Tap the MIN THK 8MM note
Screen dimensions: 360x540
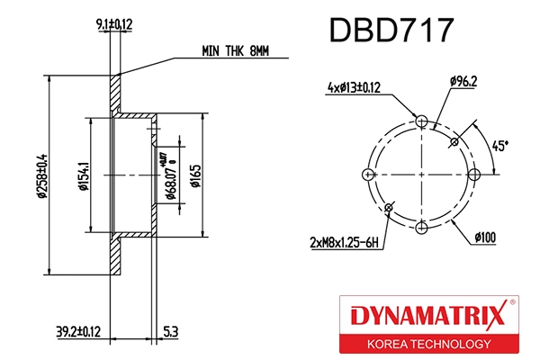point(235,53)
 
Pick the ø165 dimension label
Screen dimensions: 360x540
point(194,175)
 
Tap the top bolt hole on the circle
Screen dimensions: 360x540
point(421,120)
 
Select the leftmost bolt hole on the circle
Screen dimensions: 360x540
point(365,174)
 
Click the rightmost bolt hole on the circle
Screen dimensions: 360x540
point(476,174)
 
